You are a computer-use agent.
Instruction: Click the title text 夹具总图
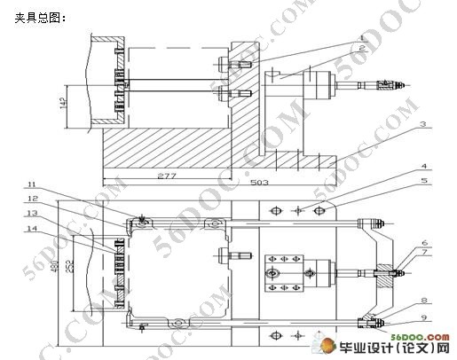coord(41,17)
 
